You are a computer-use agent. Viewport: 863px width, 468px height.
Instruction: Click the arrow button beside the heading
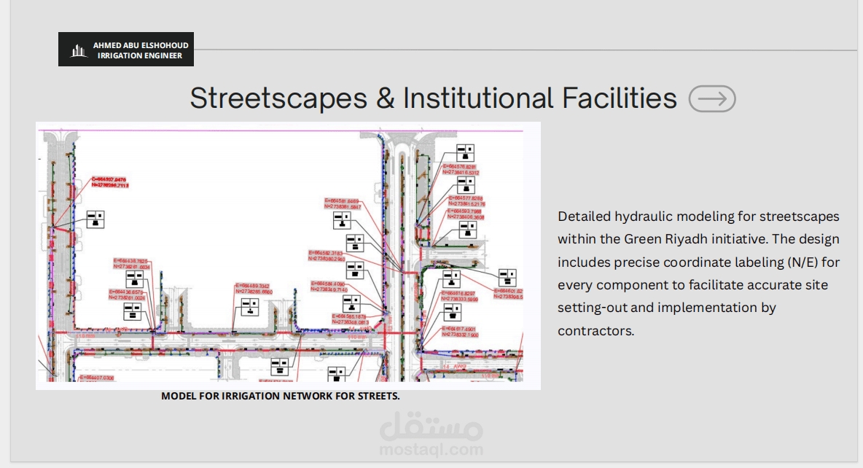point(712,98)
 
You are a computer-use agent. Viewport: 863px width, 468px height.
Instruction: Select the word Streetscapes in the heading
point(280,98)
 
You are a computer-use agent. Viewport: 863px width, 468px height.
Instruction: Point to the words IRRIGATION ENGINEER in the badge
point(140,55)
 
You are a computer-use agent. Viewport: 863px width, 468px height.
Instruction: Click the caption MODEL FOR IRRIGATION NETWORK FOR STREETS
point(281,397)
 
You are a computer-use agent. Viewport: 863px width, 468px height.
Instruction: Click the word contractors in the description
point(596,331)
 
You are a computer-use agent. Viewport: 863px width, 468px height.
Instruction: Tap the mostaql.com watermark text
point(431,450)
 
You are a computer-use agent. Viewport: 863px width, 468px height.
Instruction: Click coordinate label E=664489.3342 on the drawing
point(254,286)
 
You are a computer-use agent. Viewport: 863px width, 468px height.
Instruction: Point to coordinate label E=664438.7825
point(131,260)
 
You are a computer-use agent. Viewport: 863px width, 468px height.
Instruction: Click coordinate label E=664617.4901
point(462,329)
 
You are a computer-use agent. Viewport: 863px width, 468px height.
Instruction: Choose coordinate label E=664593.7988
point(466,211)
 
